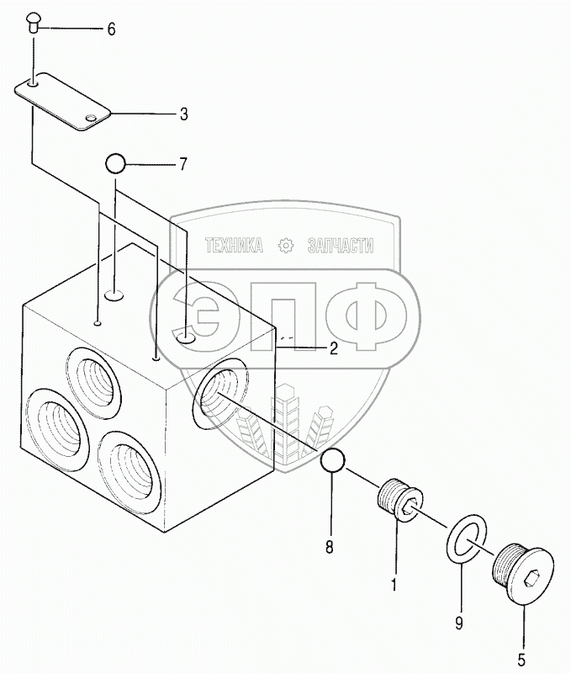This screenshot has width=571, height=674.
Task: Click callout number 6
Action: pyautogui.click(x=110, y=29)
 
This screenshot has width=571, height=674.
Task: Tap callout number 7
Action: pyautogui.click(x=182, y=164)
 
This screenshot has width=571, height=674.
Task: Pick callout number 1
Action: pyautogui.click(x=393, y=581)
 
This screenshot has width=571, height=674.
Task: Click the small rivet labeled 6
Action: pyautogui.click(x=34, y=19)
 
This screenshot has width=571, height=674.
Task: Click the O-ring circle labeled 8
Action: pyautogui.click(x=332, y=460)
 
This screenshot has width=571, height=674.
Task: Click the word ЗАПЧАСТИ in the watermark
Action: pyautogui.click(x=341, y=246)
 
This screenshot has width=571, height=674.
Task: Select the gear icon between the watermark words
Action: pyautogui.click(x=286, y=246)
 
